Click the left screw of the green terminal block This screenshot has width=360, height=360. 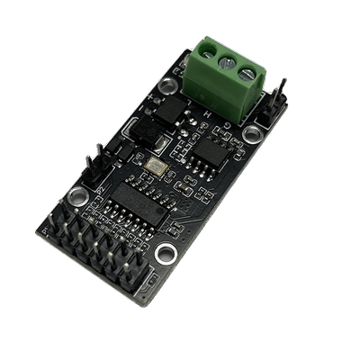tap(206, 56)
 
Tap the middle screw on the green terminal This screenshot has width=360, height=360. tap(225, 62)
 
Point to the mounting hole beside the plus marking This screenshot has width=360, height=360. tap(166, 87)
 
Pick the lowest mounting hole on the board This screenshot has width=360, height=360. tap(163, 254)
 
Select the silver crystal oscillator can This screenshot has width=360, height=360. tap(155, 166)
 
